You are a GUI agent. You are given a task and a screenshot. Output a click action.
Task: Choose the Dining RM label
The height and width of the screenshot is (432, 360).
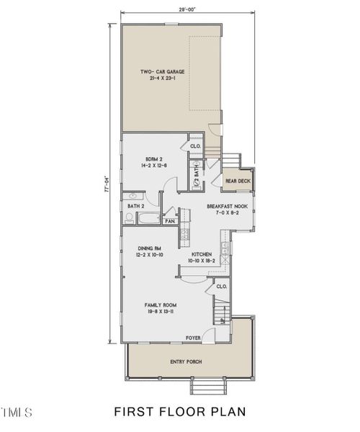click(x=147, y=249)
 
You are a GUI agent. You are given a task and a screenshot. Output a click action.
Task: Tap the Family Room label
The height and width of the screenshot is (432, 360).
click(x=160, y=305)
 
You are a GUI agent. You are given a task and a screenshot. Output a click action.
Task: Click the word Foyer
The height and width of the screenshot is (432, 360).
click(x=193, y=337)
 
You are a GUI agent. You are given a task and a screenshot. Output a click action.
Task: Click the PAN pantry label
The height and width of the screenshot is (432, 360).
click(x=170, y=222)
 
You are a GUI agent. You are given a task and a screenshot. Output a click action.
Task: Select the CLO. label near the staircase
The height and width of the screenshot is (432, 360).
click(x=222, y=286)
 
